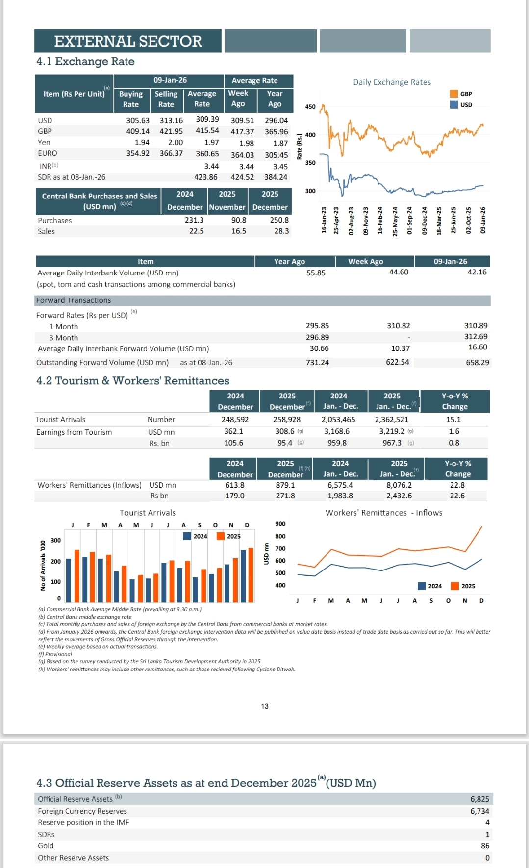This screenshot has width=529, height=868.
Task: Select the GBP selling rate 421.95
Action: tap(171, 131)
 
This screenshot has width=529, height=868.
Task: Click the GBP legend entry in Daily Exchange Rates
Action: tap(461, 94)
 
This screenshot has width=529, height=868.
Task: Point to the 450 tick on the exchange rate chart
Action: tap(310, 106)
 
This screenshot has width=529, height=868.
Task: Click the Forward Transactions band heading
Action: tap(74, 300)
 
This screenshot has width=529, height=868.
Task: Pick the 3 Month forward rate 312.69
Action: tap(476, 337)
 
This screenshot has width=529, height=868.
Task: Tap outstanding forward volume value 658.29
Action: tap(477, 363)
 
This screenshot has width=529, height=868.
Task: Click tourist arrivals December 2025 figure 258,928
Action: tap(287, 420)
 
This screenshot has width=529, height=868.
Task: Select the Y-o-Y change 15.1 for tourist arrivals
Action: tap(453, 420)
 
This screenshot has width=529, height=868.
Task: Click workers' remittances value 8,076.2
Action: tap(399, 485)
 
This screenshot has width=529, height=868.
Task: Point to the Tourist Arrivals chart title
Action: tap(148, 513)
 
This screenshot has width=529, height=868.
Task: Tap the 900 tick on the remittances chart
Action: tap(280, 524)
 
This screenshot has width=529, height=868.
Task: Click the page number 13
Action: tap(265, 706)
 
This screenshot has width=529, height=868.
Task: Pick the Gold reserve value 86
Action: tap(485, 846)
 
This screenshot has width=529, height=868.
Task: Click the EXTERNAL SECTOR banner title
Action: tap(128, 41)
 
